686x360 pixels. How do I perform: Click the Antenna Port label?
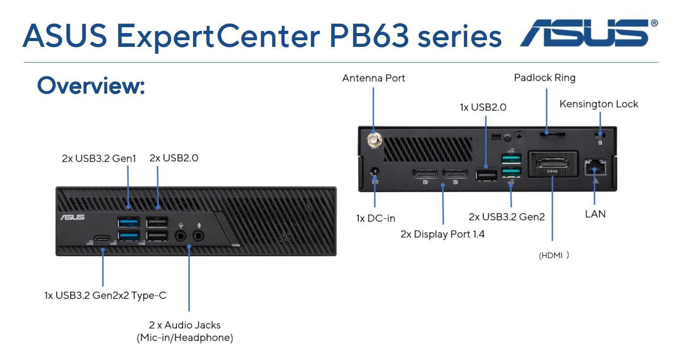pos(373,78)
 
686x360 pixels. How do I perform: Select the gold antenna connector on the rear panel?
pos(373,142)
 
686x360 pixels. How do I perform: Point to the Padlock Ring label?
pos(544,78)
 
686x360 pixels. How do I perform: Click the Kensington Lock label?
pos(598,104)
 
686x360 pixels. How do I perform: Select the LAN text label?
pos(595,214)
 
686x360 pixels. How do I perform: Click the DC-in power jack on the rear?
pos(375,171)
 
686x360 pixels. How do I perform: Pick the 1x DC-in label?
pos(376,218)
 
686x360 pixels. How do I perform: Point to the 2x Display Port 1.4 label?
pos(442,234)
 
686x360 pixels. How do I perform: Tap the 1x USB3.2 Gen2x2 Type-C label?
pos(105,296)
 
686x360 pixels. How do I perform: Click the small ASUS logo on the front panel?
pos(72,217)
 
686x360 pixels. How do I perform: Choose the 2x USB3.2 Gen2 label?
pos(506,217)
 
